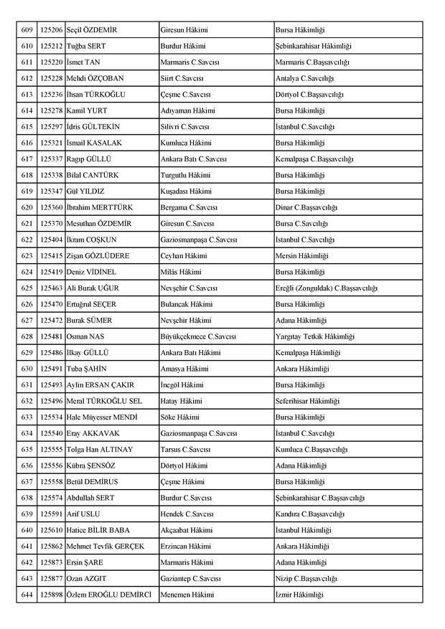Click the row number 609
[x=27, y=30]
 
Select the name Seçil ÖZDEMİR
[x=91, y=30]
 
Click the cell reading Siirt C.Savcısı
[x=184, y=79]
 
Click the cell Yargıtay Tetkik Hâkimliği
[x=315, y=337]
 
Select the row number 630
[x=27, y=369]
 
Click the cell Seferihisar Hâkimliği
[x=307, y=402]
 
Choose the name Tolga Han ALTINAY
[x=99, y=450]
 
